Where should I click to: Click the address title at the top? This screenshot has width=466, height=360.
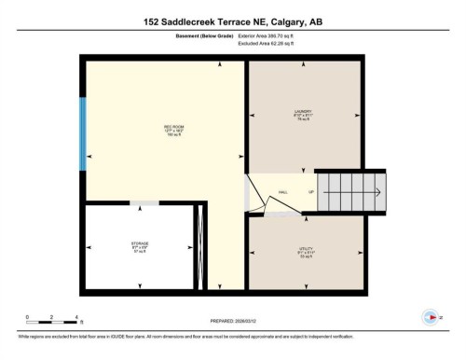coord(232,21)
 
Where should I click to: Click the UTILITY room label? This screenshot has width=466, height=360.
coord(303,250)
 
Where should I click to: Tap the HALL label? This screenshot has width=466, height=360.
coord(282,193)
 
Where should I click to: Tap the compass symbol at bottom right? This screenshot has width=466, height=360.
coord(431,315)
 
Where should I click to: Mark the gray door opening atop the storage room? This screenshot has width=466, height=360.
coord(144,203)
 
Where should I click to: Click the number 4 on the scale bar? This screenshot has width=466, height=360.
coord(76,316)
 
